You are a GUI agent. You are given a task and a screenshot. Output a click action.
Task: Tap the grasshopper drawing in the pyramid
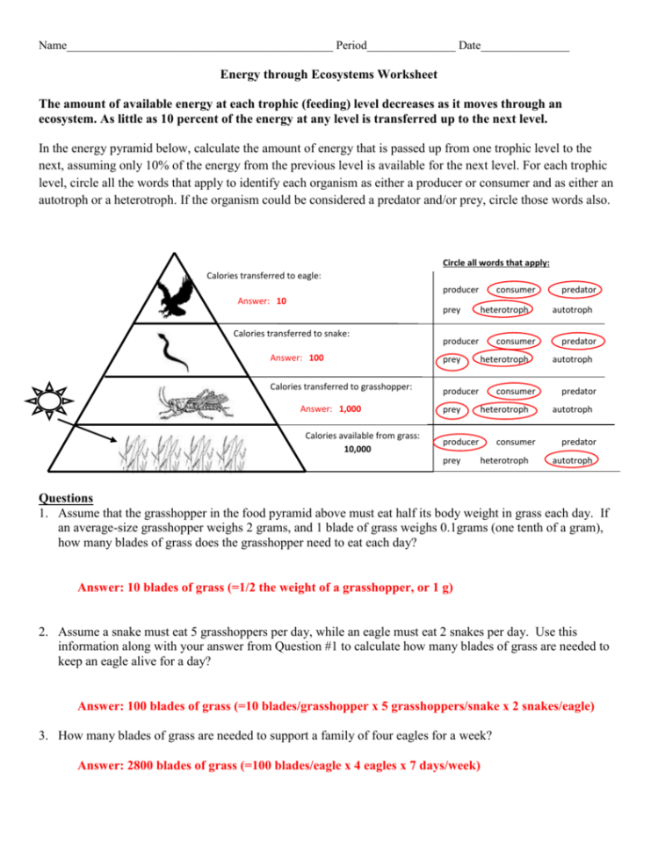[192, 404]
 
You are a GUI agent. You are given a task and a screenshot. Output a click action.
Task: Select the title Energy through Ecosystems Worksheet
[328, 76]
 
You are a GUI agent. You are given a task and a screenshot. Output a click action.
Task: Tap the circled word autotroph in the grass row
[572, 460]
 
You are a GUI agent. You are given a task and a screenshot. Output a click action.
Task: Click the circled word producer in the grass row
[461, 442]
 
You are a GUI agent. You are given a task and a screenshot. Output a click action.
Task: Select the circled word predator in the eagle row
[579, 289]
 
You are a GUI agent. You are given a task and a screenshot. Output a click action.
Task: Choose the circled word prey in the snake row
[452, 359]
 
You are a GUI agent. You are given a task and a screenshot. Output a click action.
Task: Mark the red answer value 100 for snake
[315, 358]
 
